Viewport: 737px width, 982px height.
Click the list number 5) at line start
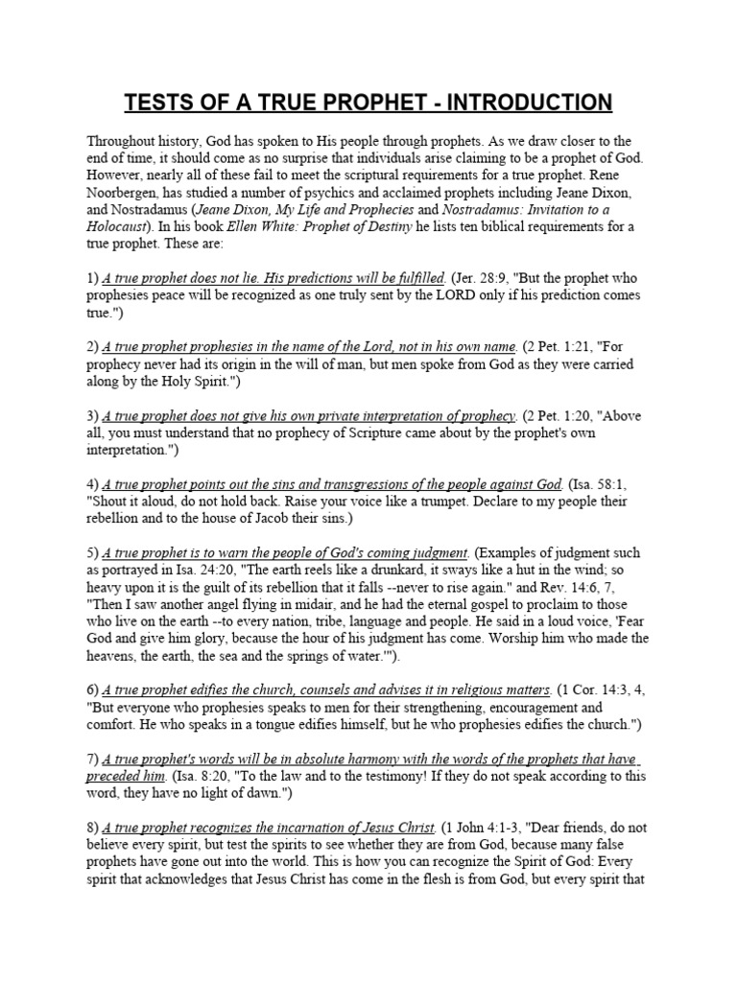pyautogui.click(x=92, y=553)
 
